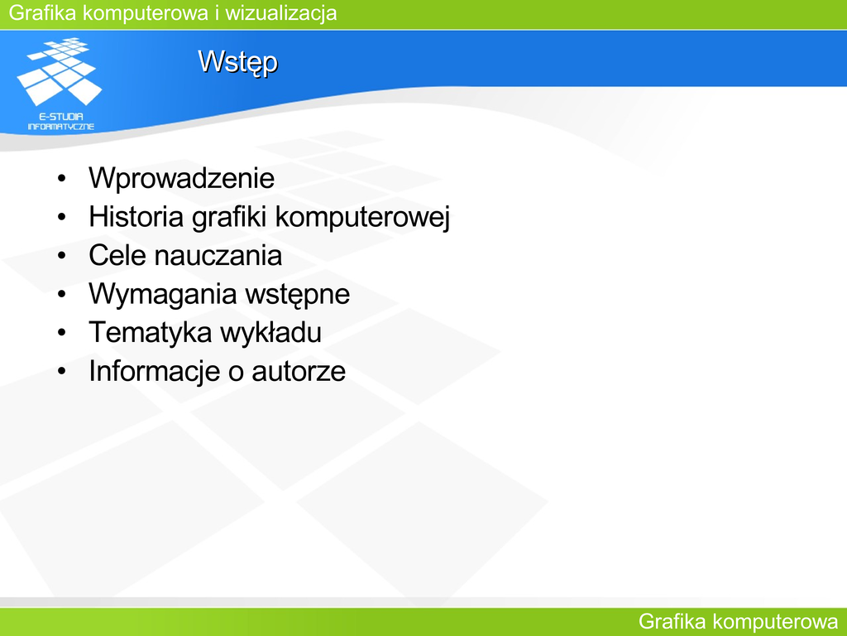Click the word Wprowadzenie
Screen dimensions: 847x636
coord(181,178)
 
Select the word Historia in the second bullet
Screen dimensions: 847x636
coord(136,216)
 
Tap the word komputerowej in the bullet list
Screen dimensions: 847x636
coord(362,218)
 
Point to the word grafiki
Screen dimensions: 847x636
coord(230,218)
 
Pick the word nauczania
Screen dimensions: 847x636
coord(218,255)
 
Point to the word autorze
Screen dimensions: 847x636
coord(299,372)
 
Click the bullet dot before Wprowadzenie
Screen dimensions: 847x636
coord(61,179)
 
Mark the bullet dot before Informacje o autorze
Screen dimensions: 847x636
coord(61,372)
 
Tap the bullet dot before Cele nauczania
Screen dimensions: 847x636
coord(61,256)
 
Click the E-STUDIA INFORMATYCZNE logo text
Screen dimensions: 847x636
coord(61,122)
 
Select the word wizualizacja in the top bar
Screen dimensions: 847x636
coord(281,13)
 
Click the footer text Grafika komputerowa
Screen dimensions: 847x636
coord(738,622)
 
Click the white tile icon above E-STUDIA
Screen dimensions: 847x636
coord(60,71)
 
